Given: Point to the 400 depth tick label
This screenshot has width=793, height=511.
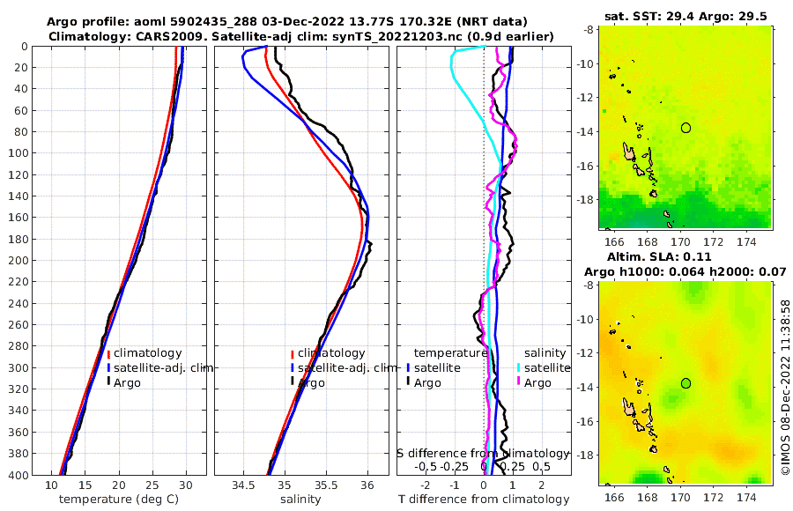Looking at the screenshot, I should coord(19,475).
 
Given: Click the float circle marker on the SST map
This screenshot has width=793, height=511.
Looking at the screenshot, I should coord(686,128).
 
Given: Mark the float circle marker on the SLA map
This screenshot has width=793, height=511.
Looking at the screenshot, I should coord(686,383).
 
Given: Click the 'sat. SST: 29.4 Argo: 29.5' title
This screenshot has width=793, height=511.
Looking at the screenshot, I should coord(686,17).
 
